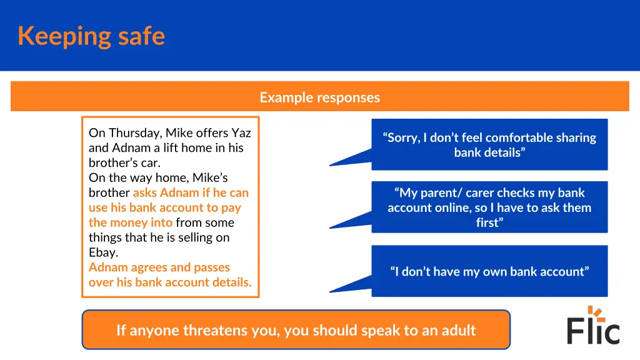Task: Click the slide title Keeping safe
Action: point(91,36)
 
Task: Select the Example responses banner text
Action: point(319,97)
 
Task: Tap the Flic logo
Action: point(593,326)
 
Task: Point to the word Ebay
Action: point(103,252)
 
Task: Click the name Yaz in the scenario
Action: point(241,132)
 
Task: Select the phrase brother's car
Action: point(124,162)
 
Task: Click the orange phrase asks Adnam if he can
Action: point(191,192)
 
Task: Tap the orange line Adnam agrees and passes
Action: point(159,267)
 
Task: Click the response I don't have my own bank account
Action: point(489,271)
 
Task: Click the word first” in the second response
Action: point(489,222)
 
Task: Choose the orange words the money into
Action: point(130,222)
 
